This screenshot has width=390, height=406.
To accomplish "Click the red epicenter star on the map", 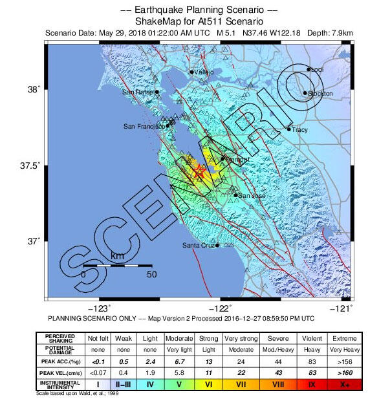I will (x=199, y=171).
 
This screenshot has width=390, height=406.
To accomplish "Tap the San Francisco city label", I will (x=144, y=126).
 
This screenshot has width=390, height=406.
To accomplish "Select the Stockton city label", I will (x=321, y=94).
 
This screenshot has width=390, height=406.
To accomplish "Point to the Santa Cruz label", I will (x=198, y=245).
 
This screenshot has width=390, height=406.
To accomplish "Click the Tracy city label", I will (x=300, y=130).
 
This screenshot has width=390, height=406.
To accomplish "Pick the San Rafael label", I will (x=138, y=92).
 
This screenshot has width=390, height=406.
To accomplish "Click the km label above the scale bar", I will (x=117, y=257).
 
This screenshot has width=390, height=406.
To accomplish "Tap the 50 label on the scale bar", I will (x=151, y=274).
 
